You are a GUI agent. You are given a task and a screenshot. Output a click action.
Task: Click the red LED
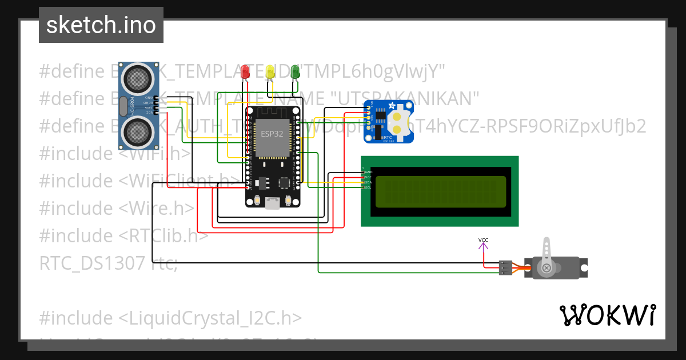tap(245, 72)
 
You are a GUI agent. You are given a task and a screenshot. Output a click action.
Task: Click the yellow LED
tap(270, 72)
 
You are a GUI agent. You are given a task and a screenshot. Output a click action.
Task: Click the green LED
tap(296, 71)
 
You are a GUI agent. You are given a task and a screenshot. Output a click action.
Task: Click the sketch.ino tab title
tap(101, 25)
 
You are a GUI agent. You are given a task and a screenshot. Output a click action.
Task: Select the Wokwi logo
tap(607, 315)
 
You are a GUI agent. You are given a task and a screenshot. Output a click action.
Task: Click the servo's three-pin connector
tap(505, 267)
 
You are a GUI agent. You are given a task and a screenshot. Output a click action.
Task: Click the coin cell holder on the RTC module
tap(398, 121)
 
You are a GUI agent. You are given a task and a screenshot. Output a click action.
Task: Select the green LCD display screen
tap(440, 191)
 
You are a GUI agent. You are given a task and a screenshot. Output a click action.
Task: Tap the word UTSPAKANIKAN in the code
tap(408, 98)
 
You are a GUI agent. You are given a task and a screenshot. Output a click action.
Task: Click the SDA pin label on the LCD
tap(368, 182)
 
